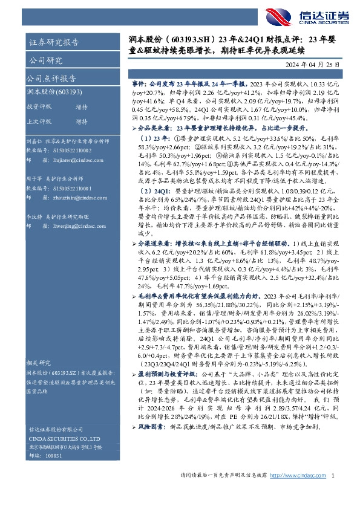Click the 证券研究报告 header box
[54, 42]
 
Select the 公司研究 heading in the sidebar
[45, 60]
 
